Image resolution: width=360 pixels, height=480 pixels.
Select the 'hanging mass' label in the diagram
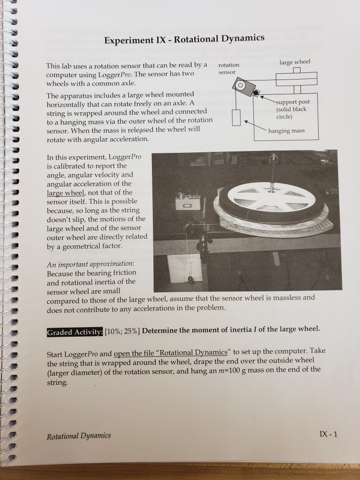coord(286,130)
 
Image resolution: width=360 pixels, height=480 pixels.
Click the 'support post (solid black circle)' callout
coord(292,109)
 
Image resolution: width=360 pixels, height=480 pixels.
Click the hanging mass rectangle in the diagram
coord(237,117)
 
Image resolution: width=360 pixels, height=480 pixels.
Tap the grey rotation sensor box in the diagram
coord(241,88)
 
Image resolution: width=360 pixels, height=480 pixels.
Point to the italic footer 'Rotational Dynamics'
coord(79,436)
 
